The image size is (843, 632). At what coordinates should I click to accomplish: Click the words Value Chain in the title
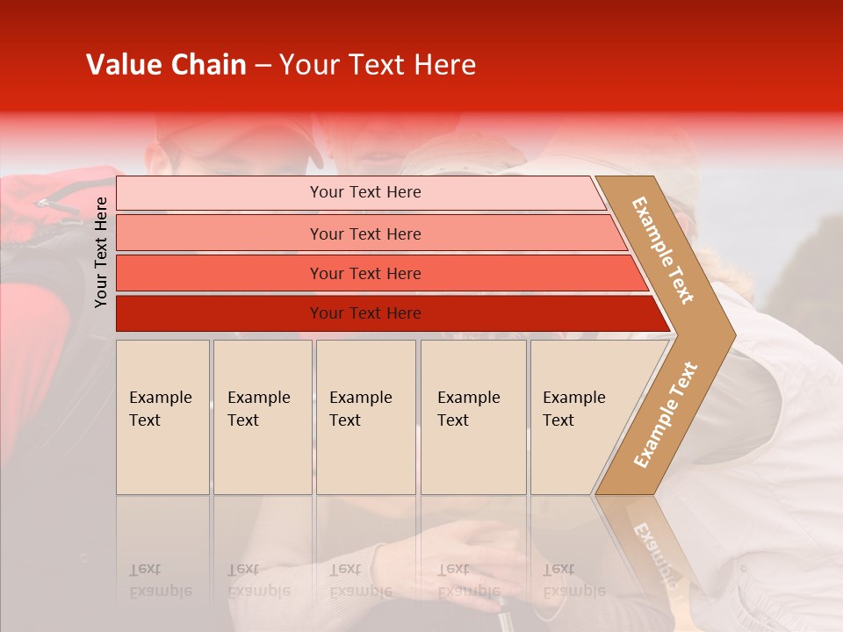[166, 65]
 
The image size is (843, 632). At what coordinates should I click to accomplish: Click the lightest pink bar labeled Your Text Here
[365, 192]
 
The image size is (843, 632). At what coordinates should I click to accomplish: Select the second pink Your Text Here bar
[365, 233]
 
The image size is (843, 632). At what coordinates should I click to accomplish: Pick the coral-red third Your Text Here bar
[365, 273]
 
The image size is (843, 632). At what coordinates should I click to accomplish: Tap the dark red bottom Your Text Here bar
[365, 313]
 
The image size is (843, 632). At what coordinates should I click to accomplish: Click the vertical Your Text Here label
[101, 252]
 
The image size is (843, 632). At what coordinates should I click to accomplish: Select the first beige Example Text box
[162, 416]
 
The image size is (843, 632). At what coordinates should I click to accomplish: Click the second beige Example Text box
[262, 416]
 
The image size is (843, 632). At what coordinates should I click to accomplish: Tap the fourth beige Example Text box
[472, 416]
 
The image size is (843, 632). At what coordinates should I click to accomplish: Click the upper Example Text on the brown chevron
[664, 250]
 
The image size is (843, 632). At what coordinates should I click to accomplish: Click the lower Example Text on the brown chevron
[665, 414]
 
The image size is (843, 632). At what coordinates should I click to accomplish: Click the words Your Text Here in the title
[377, 65]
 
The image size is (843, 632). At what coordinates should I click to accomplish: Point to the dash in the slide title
[263, 66]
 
